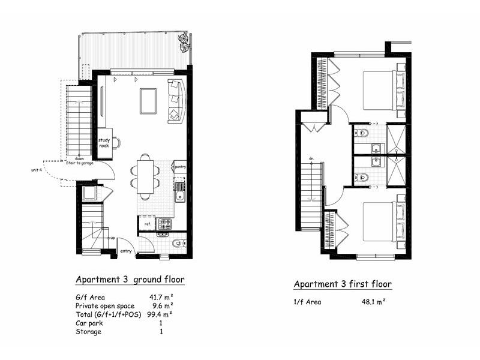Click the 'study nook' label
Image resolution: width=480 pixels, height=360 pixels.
pyautogui.click(x=105, y=143)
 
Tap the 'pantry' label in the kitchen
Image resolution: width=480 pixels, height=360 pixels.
pyautogui.click(x=179, y=167)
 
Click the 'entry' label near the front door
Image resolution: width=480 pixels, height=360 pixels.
pyautogui.click(x=126, y=251)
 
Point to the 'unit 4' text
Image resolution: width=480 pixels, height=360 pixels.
pyautogui.click(x=37, y=170)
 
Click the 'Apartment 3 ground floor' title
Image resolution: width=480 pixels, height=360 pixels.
pyautogui.click(x=130, y=280)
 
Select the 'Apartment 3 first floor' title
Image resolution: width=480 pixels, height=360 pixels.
pyautogui.click(x=342, y=284)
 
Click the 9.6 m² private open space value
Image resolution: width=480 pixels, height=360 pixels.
pyautogui.click(x=163, y=305)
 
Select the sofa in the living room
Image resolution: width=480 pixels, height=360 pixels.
pyautogui.click(x=176, y=100)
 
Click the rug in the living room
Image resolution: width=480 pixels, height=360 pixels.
pyautogui.click(x=148, y=100)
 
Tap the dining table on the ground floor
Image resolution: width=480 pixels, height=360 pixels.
pyautogui.click(x=145, y=175)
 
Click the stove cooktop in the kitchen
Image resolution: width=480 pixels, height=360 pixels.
pyautogui.click(x=164, y=224)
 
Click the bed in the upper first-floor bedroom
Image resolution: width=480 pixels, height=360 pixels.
pyautogui.click(x=380, y=91)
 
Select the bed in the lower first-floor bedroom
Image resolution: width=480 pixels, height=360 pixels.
pyautogui.click(x=380, y=221)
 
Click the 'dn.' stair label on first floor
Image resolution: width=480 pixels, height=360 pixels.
pyautogui.click(x=312, y=158)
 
